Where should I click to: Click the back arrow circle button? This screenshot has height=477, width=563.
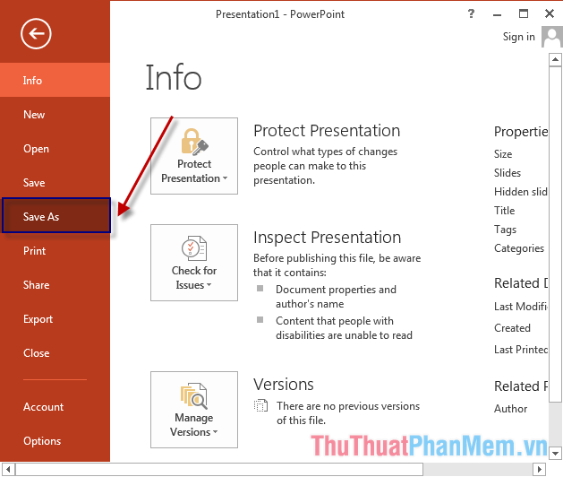[37, 34]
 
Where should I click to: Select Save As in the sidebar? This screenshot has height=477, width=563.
[41, 217]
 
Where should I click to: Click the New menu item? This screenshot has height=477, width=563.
[34, 115]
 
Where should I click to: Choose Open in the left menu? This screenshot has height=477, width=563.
[36, 149]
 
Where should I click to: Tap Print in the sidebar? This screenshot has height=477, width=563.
[34, 251]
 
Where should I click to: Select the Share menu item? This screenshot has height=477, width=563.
[36, 285]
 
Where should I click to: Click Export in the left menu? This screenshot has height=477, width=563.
[38, 319]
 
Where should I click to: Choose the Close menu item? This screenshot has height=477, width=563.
[36, 353]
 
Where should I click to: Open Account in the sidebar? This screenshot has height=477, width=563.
[43, 407]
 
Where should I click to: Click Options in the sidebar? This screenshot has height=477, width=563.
[42, 441]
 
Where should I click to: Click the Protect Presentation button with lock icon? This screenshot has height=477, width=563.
[194, 155]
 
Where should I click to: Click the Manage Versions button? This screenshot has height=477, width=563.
[194, 410]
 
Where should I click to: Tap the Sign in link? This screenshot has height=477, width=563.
[519, 37]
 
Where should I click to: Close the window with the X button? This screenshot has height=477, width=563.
[549, 13]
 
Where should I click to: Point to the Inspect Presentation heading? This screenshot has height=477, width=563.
[327, 238]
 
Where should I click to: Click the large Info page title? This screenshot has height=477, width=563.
[174, 78]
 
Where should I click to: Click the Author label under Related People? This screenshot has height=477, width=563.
[511, 409]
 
